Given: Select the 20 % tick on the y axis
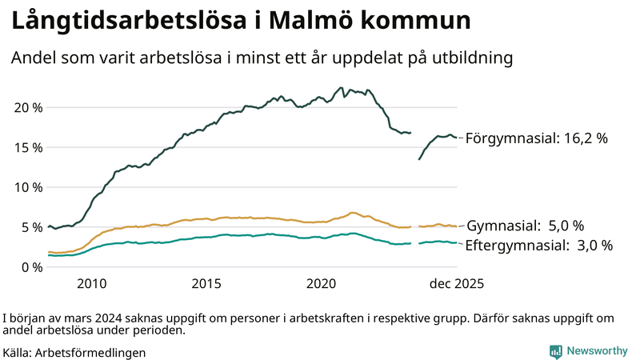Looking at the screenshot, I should [x=27, y=107].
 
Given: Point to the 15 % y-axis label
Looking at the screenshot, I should [x=27, y=147].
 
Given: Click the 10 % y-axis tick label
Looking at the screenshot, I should [x=27, y=187].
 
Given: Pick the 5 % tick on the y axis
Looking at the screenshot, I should [x=30, y=227].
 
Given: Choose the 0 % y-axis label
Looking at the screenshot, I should [x=30, y=267].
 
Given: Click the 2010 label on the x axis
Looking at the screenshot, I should [x=91, y=283].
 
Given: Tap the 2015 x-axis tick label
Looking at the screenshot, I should [x=206, y=283].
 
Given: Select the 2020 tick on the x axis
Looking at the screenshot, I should [x=322, y=283].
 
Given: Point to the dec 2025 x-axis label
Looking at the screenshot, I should [x=457, y=283].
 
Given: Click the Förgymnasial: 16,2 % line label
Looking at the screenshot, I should [x=537, y=138].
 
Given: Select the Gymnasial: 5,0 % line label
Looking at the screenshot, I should [x=525, y=226].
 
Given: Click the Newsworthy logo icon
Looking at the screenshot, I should [x=555, y=350].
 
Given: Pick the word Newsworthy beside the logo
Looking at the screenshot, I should [x=597, y=350].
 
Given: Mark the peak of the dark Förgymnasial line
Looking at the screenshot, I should [x=342, y=88].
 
